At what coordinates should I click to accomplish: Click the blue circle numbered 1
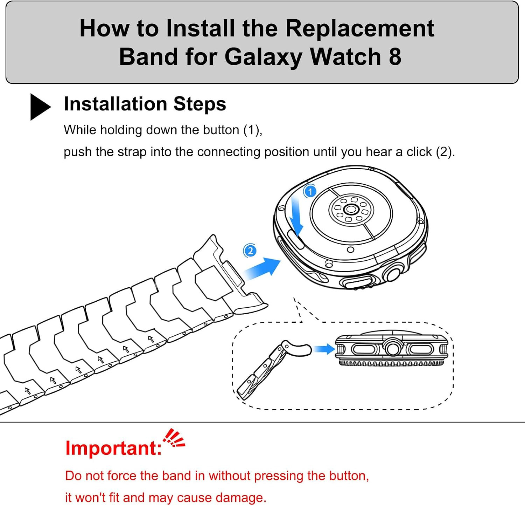310,192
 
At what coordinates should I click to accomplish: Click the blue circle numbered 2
250,251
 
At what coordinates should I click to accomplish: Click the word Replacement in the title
360,28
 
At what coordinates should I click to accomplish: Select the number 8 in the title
395,57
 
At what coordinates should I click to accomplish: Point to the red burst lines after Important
174,438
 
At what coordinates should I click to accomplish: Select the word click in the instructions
419,152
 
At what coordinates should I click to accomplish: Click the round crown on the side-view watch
392,348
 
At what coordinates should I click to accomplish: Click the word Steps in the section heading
199,104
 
